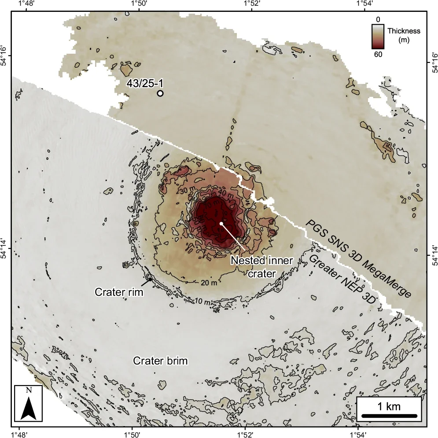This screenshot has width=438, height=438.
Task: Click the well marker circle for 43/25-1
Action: [x=160, y=93]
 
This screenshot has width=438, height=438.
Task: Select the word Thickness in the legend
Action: [x=404, y=31]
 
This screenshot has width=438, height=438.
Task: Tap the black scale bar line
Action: [x=389, y=416]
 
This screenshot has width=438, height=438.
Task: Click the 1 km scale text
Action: [x=389, y=406]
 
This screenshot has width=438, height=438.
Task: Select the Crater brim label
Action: [x=161, y=361]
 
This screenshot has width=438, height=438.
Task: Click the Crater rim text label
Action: [x=120, y=291]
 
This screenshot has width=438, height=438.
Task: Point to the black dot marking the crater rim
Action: [x=150, y=279]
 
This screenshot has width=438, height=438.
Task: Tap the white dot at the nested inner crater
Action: [x=221, y=224]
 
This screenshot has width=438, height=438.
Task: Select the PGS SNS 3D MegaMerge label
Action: [x=359, y=259]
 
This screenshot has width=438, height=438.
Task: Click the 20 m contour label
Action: [x=210, y=282]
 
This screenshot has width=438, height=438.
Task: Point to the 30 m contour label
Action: [x=187, y=191]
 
